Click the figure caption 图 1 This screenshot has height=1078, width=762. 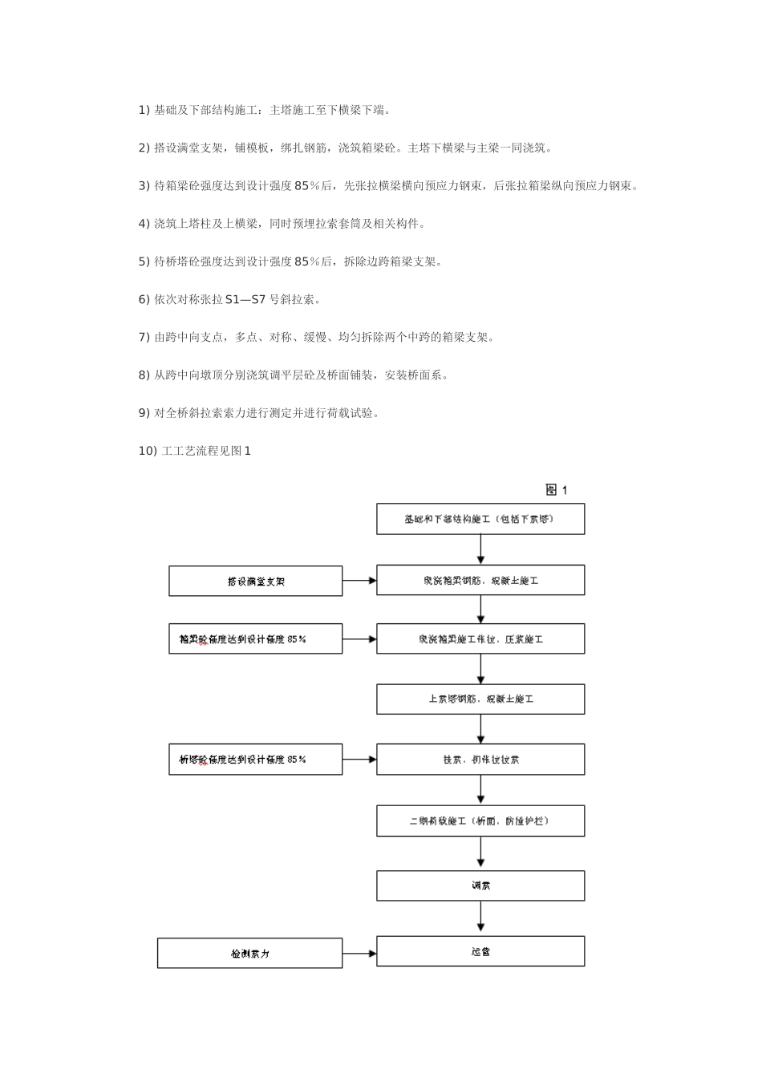(x=556, y=490)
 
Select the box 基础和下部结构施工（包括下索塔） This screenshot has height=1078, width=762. (x=480, y=519)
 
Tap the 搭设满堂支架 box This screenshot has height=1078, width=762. (x=255, y=582)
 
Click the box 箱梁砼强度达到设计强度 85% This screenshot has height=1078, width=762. (x=255, y=639)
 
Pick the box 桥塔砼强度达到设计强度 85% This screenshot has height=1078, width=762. (x=255, y=759)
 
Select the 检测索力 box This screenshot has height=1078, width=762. (x=249, y=954)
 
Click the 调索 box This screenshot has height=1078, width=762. (x=480, y=886)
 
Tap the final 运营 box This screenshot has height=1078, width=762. (x=480, y=951)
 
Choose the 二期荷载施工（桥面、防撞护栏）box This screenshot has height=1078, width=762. (x=480, y=821)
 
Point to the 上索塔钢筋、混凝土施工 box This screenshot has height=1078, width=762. (x=480, y=699)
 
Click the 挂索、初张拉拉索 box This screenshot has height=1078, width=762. (x=480, y=759)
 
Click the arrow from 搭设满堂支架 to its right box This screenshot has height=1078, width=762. (x=359, y=581)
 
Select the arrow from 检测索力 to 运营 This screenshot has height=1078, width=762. (x=359, y=954)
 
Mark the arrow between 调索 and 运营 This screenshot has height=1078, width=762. (x=480, y=918)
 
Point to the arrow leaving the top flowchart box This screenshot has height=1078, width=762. (x=480, y=549)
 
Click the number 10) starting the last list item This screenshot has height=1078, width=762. (x=148, y=451)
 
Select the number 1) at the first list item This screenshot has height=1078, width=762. (x=144, y=110)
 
